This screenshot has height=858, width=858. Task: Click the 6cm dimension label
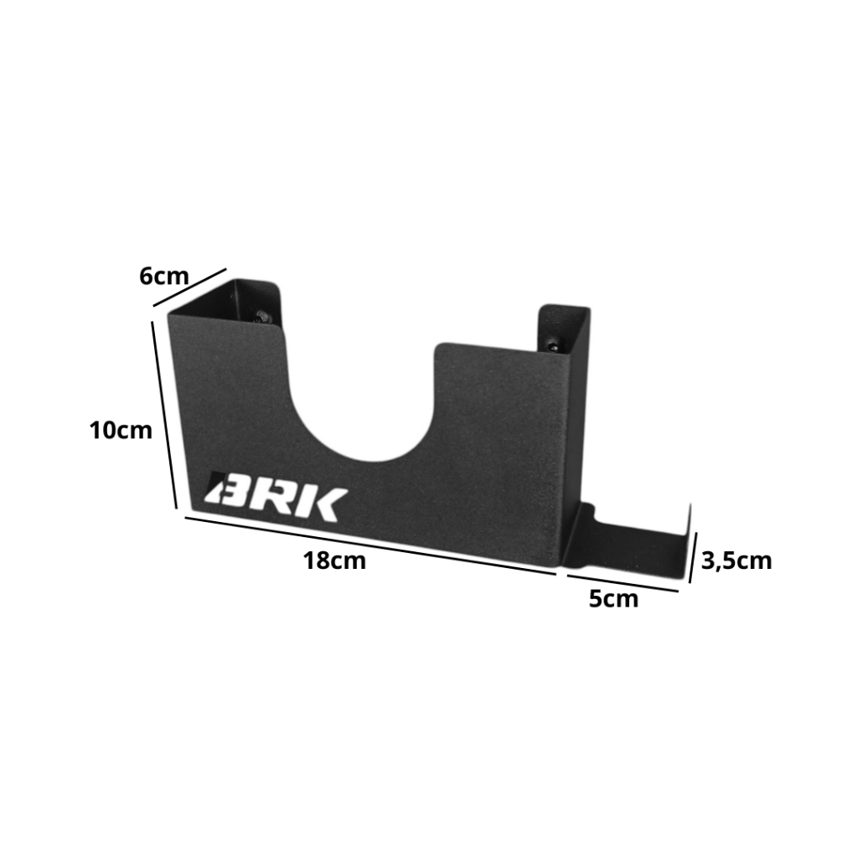tap(163, 277)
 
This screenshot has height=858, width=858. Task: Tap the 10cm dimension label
tap(121, 431)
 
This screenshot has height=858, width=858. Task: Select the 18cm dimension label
tap(334, 561)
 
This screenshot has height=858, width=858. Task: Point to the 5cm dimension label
tap(613, 599)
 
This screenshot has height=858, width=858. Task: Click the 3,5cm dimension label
tap(737, 561)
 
